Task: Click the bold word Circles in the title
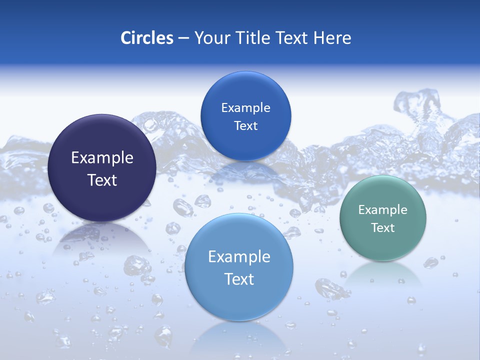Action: (147, 38)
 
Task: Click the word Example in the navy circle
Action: (102, 158)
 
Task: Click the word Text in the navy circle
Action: (102, 180)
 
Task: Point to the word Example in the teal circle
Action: (383, 210)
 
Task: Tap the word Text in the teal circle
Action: (383, 228)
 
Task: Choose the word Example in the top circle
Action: (245, 108)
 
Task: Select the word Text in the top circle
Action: (245, 126)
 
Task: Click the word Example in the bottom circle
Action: (239, 257)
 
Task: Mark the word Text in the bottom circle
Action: (239, 279)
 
